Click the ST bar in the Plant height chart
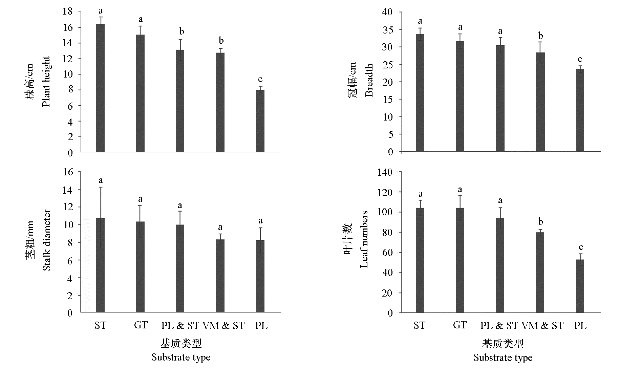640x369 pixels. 101,88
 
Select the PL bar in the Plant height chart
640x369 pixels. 260,121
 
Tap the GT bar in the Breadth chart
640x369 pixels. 460,96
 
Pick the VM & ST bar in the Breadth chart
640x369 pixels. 540,102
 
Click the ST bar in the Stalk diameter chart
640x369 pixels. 101,265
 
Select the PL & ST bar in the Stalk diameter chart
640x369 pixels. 180,268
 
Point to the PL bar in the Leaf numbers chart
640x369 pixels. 580,286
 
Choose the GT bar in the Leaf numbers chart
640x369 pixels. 460,260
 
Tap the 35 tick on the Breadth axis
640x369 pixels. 387,30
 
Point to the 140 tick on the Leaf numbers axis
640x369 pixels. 385,172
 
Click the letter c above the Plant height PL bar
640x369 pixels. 260,80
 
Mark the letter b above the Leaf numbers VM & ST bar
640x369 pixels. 540,222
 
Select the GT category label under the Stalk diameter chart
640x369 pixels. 141,325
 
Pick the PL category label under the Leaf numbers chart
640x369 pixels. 580,326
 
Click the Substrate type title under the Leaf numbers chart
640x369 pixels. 503,358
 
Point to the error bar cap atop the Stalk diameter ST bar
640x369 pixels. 101,187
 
